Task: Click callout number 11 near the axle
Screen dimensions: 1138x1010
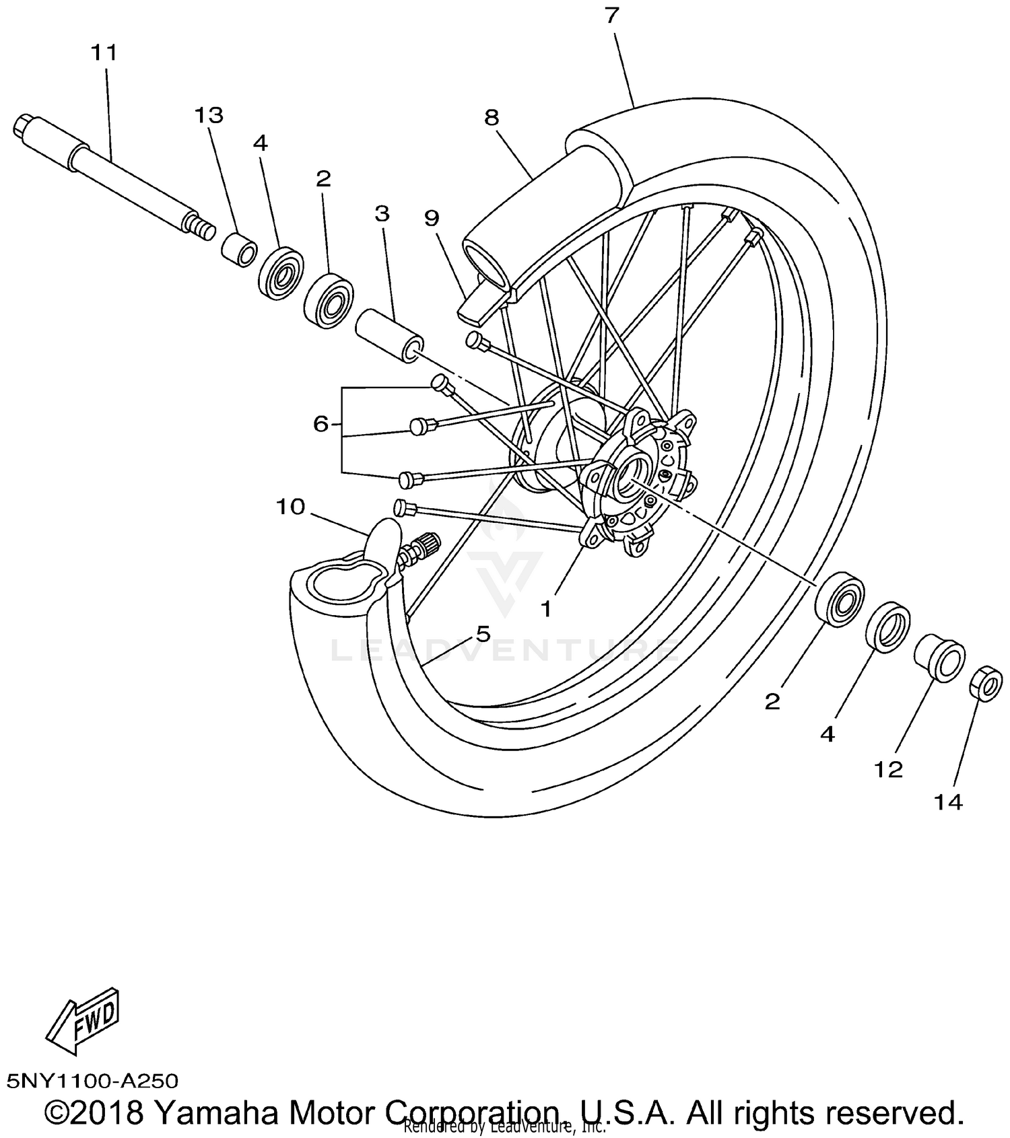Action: pyautogui.click(x=104, y=52)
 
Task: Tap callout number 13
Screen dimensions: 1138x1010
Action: pyautogui.click(x=209, y=116)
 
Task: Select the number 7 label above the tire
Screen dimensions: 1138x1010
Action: pyautogui.click(x=611, y=15)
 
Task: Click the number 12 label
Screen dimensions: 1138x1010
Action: pyautogui.click(x=887, y=769)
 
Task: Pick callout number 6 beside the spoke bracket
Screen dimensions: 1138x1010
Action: pyautogui.click(x=321, y=424)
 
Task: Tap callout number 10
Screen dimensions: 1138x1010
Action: pyautogui.click(x=290, y=507)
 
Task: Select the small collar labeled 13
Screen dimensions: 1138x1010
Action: pyautogui.click(x=240, y=250)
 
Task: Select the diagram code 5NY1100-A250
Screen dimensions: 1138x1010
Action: pyautogui.click(x=92, y=1081)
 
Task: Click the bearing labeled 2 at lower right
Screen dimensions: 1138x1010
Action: pyautogui.click(x=839, y=598)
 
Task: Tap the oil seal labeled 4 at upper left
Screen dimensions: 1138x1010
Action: pyautogui.click(x=281, y=273)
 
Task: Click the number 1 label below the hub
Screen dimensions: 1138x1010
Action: pyautogui.click(x=546, y=609)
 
